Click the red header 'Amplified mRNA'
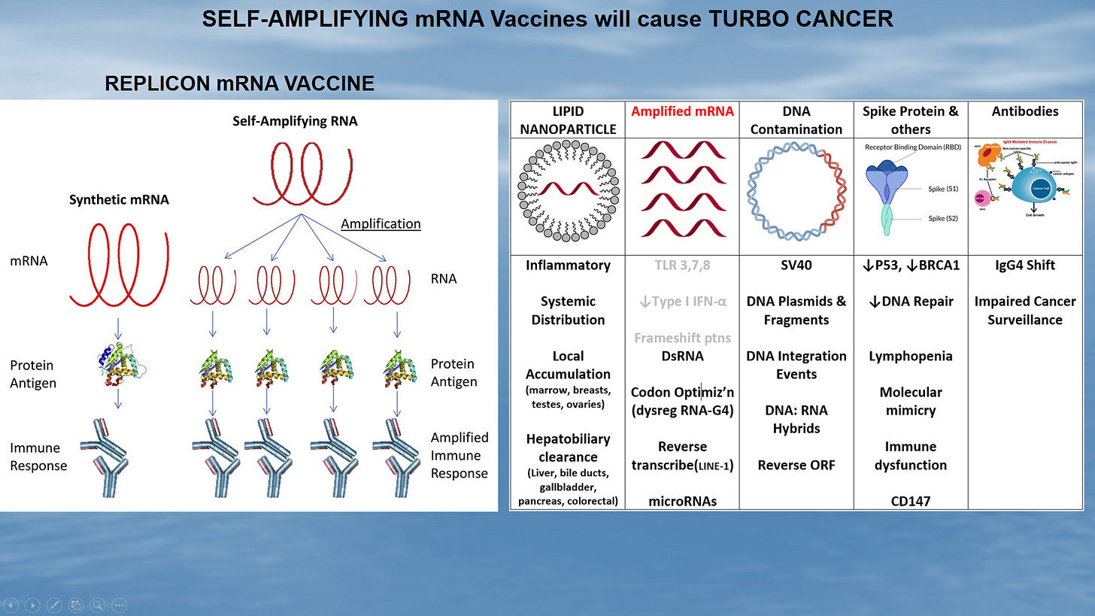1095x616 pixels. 681,111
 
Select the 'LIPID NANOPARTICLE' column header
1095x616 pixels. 568,120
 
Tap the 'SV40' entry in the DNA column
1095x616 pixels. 796,265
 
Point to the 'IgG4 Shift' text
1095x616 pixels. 1025,265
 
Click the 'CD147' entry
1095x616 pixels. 910,500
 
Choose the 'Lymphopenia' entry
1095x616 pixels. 910,356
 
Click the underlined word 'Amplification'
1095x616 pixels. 381,223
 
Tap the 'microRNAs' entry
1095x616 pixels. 681,500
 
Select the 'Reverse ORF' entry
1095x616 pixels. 796,465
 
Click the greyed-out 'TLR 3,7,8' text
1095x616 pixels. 681,265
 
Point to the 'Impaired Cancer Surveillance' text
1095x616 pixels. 1025,310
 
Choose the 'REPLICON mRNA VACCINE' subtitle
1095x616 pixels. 239,83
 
